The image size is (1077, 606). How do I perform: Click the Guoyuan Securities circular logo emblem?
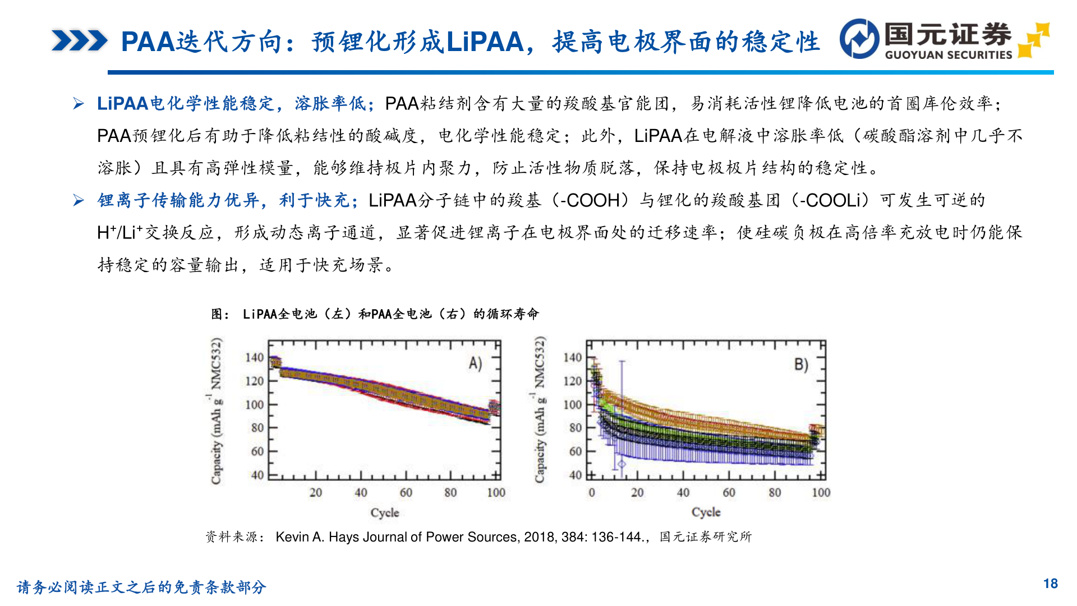tap(859, 39)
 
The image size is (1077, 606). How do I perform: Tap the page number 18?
tap(1050, 584)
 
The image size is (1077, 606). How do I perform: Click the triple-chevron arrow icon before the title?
tap(79, 41)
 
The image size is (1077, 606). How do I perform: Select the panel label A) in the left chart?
tap(475, 364)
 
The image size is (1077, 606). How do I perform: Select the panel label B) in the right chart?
tap(801, 365)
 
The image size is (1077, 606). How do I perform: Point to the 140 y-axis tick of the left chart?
tap(254, 358)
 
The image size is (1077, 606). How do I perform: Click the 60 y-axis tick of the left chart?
tap(257, 451)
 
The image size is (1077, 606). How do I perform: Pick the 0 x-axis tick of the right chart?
tap(592, 493)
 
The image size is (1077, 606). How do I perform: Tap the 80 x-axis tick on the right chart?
tap(774, 493)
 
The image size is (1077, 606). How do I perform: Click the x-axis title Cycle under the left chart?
tap(385, 512)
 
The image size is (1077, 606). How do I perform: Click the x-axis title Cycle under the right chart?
tap(706, 512)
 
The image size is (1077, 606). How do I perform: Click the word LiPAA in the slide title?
tap(485, 42)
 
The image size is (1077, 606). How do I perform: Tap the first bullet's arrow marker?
tap(79, 104)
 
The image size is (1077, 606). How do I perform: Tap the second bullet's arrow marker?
tap(79, 200)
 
